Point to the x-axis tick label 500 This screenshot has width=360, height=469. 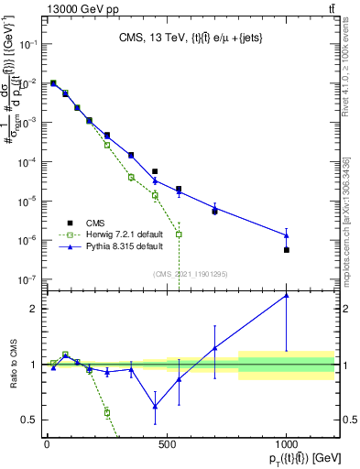point(167,443)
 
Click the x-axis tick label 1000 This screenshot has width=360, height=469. point(286,443)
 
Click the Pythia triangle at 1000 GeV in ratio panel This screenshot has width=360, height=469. point(287,295)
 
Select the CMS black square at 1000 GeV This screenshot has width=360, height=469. point(287,250)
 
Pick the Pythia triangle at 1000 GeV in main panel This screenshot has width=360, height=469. point(287,235)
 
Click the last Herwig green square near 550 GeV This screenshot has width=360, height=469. point(179,234)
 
